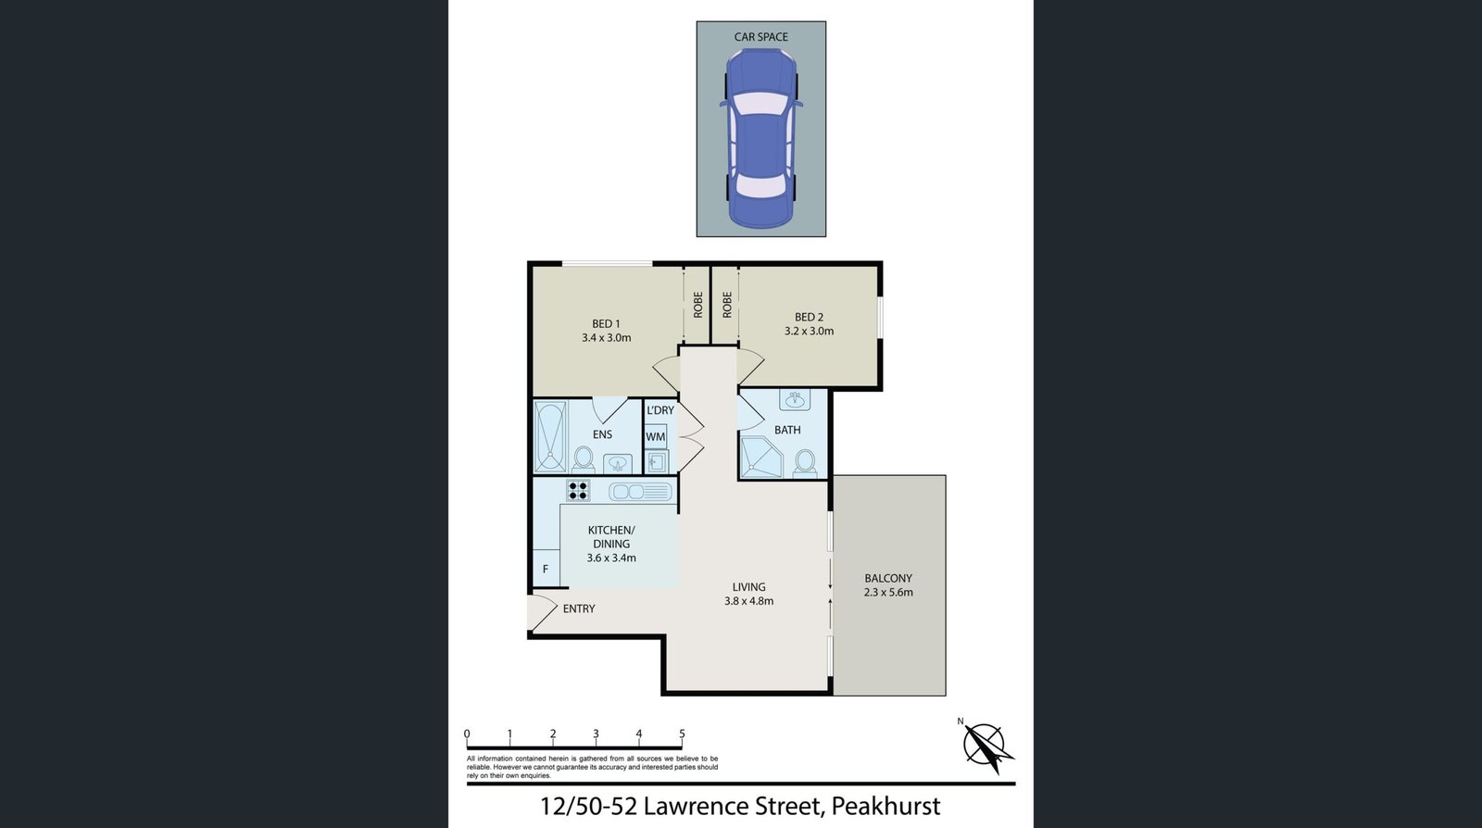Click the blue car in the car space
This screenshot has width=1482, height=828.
(760, 138)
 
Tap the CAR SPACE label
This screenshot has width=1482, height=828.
(760, 37)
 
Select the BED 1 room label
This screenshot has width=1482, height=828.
(606, 323)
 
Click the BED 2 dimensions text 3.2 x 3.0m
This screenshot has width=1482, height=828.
(810, 331)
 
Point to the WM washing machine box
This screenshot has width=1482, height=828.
(656, 436)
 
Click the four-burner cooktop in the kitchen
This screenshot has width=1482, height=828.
(578, 490)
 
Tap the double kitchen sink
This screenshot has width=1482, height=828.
(640, 492)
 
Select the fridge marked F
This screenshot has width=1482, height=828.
(546, 568)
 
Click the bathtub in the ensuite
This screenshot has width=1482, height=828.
(550, 436)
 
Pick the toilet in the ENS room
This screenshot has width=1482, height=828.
(583, 459)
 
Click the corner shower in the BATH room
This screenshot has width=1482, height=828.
(760, 457)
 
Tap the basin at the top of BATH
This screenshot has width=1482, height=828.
(795, 400)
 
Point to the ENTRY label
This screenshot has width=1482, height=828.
(579, 608)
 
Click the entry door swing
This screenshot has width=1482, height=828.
(544, 613)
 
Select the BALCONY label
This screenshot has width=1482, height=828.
(888, 578)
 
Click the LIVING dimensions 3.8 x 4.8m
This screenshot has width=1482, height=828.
(749, 601)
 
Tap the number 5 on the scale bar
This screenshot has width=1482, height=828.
(682, 734)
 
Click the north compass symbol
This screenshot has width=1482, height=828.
(986, 746)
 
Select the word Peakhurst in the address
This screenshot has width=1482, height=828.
(885, 806)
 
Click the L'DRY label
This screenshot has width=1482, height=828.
(660, 410)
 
